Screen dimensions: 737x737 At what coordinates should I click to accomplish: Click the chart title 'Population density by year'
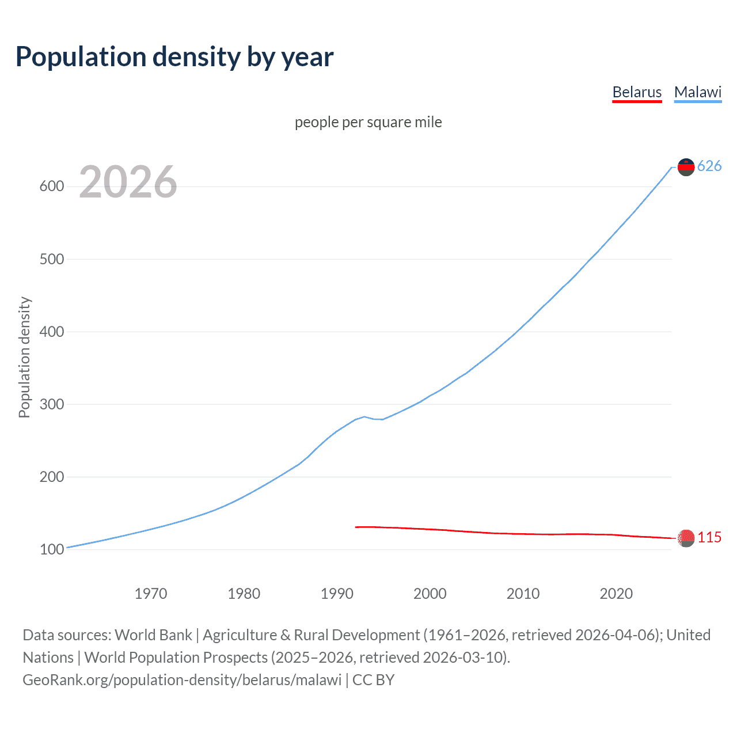[x=174, y=57]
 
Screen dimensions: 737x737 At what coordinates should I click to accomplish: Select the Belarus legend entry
[x=637, y=92]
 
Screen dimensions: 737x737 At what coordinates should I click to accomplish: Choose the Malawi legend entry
[x=697, y=92]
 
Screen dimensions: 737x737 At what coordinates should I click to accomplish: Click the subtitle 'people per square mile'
[x=368, y=122]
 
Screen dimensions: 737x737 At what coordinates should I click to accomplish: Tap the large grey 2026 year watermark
[x=128, y=182]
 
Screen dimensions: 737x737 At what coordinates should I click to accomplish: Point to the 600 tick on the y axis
[x=52, y=187]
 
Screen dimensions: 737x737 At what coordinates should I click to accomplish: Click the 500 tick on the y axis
[x=52, y=259]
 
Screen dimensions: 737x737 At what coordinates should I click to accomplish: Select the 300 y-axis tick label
[x=52, y=404]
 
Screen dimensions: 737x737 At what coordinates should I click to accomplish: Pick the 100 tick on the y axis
[x=52, y=549]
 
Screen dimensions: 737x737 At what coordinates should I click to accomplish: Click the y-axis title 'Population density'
[x=24, y=357]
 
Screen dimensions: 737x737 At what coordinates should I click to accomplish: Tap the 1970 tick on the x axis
[x=151, y=594]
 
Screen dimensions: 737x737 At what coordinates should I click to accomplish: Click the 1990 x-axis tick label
[x=337, y=594]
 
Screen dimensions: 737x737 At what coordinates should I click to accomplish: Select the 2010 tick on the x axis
[x=523, y=594]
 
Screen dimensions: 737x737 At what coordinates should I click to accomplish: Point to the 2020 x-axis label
[x=616, y=594]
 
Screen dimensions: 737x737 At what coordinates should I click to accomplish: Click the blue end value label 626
[x=709, y=166]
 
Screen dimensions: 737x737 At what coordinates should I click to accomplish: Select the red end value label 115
[x=709, y=538]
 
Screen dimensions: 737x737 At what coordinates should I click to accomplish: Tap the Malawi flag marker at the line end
[x=686, y=167]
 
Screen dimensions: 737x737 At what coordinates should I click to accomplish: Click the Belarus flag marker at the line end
[x=686, y=538]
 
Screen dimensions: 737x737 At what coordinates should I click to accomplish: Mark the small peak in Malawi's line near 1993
[x=364, y=416]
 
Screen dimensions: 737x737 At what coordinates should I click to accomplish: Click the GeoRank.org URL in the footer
[x=182, y=680]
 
